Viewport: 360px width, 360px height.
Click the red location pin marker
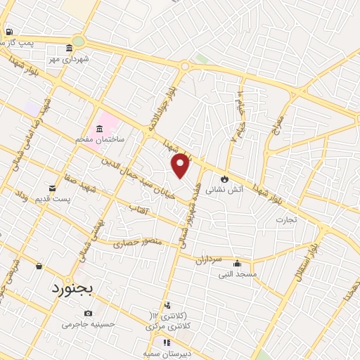pos(181,165)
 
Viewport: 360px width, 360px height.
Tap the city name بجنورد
pos(71,288)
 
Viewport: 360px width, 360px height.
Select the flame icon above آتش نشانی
pos(225,179)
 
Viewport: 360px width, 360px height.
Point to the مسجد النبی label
pos(238,274)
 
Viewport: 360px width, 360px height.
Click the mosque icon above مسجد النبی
pos(236,263)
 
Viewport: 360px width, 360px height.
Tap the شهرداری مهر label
pos(74,58)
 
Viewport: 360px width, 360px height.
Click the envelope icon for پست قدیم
pos(53,188)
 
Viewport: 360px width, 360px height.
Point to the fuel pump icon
pos(8,32)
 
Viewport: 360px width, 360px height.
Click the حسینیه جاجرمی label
pos(87,324)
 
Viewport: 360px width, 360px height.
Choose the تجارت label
pos(286,219)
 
